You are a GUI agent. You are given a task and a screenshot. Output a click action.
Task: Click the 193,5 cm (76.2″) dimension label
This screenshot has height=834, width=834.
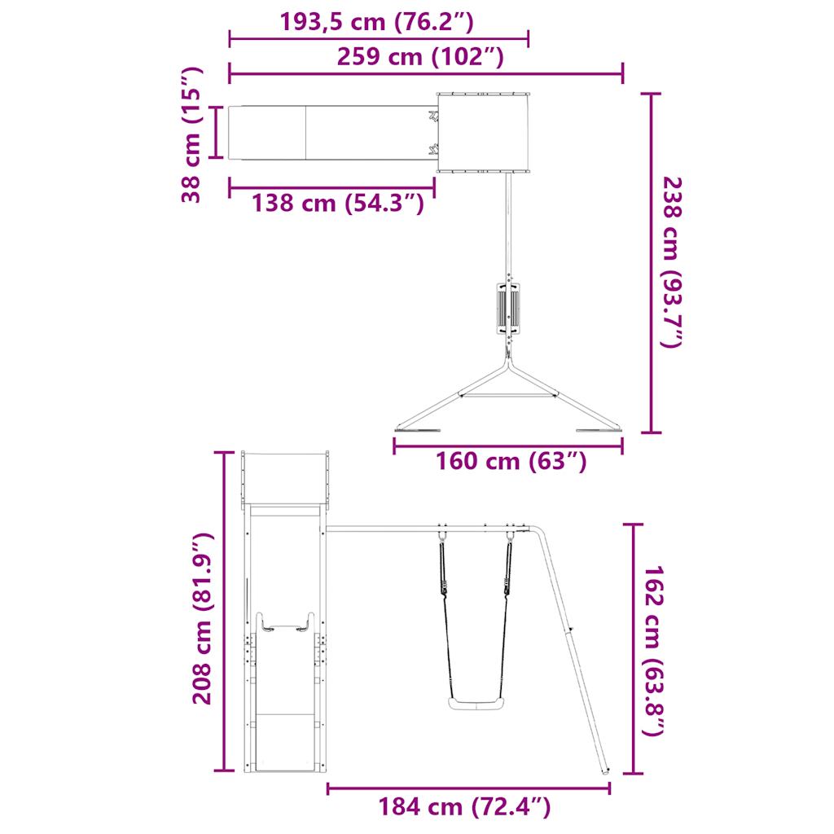[x=376, y=22]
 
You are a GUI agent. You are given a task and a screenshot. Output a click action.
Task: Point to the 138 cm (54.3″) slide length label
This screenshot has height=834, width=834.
[x=337, y=202]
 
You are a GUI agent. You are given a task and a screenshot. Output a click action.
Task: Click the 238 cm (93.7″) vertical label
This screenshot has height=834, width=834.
[x=670, y=262]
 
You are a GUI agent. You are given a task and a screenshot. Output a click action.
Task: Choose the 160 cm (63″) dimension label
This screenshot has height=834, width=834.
[x=511, y=461]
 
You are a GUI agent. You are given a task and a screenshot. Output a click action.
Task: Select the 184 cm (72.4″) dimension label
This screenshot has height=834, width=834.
[x=464, y=807]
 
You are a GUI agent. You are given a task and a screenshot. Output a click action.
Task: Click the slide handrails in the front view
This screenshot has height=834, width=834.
[x=284, y=624]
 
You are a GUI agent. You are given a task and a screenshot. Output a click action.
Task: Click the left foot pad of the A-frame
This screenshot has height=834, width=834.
[x=417, y=429]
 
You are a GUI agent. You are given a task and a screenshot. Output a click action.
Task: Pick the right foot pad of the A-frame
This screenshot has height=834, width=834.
[x=597, y=431]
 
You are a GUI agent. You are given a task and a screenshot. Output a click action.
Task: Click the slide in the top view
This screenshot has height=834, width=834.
[x=330, y=132]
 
